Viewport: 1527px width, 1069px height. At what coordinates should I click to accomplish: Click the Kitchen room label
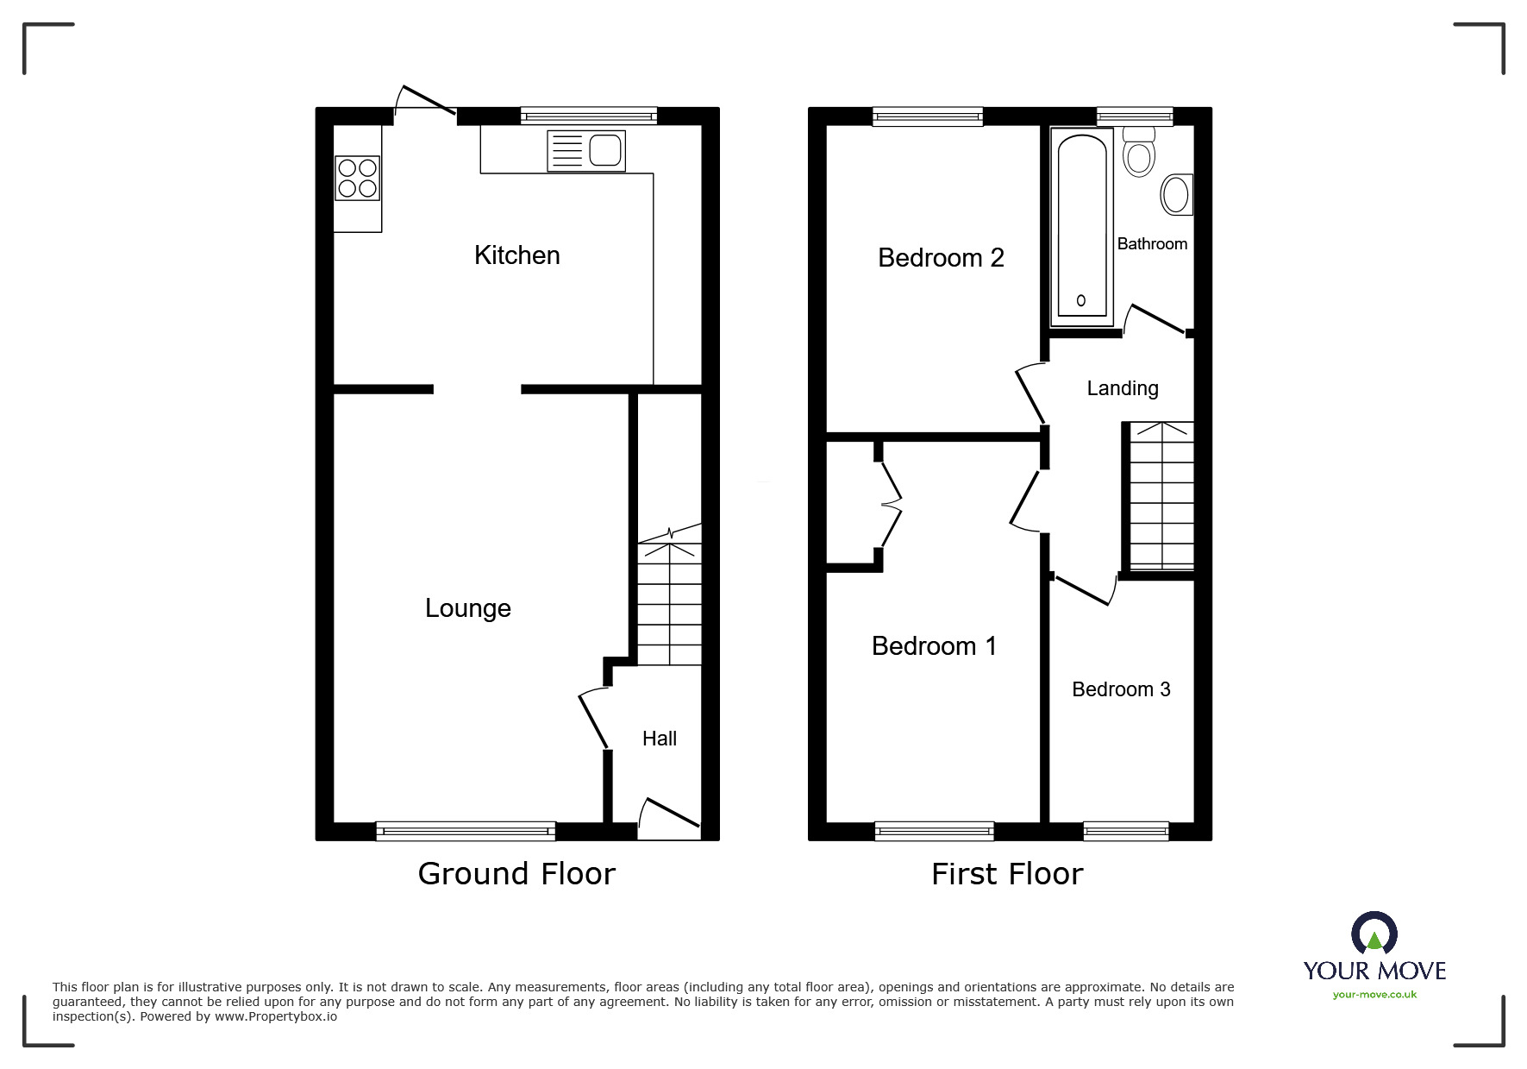516,255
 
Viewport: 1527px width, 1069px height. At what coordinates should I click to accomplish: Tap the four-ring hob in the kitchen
358,177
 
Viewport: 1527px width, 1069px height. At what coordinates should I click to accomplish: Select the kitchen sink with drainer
586,151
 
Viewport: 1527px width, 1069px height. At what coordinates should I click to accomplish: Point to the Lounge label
468,609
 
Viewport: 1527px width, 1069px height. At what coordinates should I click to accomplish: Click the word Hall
660,739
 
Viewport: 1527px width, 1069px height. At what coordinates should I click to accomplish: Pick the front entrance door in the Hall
669,818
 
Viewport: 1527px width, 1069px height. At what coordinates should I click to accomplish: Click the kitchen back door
425,100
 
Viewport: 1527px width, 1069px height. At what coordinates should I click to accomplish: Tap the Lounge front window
466,831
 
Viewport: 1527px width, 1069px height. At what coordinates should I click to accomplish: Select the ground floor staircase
669,602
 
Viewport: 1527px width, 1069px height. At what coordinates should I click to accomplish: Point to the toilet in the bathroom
1139,151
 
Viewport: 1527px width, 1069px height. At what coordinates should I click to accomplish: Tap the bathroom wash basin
1177,194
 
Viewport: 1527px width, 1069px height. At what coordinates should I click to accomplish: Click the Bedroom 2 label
941,258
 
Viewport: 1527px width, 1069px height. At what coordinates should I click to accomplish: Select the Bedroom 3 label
1121,689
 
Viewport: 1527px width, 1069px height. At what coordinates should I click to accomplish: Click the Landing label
1122,389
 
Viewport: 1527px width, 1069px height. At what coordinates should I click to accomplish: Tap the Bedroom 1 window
934,831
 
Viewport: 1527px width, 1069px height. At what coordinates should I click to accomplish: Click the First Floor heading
1007,874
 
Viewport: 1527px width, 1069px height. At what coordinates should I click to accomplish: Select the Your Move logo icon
1374,934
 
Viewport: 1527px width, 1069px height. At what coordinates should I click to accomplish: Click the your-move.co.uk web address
1374,995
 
